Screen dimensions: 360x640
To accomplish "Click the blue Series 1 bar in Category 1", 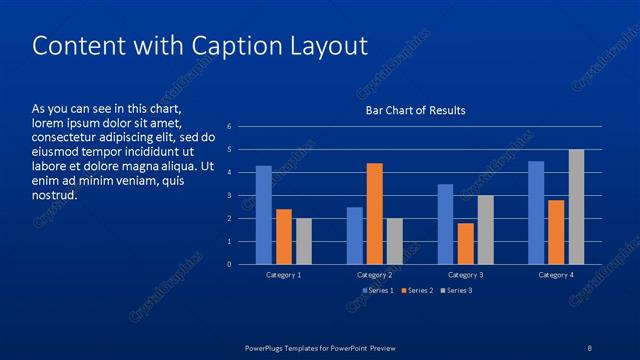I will (x=264, y=215).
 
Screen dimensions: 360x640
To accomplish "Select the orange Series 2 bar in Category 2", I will (x=374, y=213).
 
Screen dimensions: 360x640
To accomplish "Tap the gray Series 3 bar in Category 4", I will (x=576, y=207).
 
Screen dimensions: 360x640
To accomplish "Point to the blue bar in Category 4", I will (x=536, y=212).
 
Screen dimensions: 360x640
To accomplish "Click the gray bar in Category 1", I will (x=303, y=241).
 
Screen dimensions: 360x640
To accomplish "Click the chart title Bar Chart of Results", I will (x=414, y=110).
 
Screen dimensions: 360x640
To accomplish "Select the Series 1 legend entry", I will (x=377, y=290).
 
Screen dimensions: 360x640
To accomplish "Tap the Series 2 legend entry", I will (x=417, y=290).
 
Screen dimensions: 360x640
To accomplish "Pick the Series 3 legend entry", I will (x=457, y=290).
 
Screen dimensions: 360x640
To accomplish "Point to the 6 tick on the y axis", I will (x=230, y=127).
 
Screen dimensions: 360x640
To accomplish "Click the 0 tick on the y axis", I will (x=230, y=264).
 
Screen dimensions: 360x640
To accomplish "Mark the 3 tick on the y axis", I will (x=230, y=195).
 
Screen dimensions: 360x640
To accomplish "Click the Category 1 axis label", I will (x=283, y=274).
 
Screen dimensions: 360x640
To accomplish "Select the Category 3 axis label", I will (x=465, y=274).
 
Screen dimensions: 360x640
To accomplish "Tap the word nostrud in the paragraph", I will (x=54, y=194).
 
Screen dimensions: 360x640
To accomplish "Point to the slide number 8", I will (x=590, y=346).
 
